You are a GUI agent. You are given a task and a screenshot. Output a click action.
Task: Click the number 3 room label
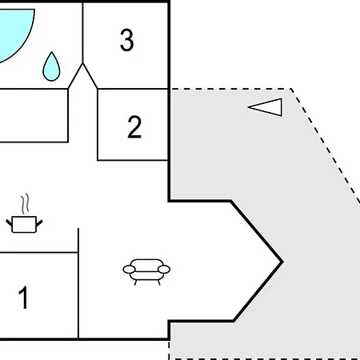pyautogui.click(x=127, y=40)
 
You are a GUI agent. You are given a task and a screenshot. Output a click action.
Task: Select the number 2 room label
pyautogui.click(x=134, y=126)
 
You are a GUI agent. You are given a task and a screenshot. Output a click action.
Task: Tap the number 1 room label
pyautogui.click(x=23, y=297)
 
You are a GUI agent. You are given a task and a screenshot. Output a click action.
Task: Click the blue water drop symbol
pyautogui.click(x=51, y=66)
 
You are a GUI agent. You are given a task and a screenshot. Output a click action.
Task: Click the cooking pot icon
pyautogui.click(x=24, y=224)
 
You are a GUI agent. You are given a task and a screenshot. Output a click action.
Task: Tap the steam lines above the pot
pyautogui.click(x=26, y=204)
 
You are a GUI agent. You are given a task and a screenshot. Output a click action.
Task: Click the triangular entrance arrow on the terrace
pyautogui.click(x=265, y=107)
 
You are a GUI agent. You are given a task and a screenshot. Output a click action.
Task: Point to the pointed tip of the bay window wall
pyautogui.click(x=282, y=262)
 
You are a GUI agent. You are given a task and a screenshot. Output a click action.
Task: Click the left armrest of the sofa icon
pyautogui.click(x=129, y=270)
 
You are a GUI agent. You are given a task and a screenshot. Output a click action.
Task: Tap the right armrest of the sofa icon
pyautogui.click(x=164, y=270)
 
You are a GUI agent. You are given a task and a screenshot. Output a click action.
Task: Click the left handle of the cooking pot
pyautogui.click(x=9, y=223)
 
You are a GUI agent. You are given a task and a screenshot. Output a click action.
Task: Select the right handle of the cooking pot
pyautogui.click(x=39, y=223)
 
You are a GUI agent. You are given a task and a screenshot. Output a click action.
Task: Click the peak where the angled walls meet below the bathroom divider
pyautogui.click(x=82, y=63)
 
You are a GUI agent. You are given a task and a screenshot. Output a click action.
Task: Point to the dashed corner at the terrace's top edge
pyautogui.click(x=291, y=89)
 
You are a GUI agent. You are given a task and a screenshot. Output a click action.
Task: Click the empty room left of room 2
pyautogui.click(x=34, y=115)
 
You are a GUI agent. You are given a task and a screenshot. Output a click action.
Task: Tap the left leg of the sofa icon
pyautogui.click(x=136, y=282)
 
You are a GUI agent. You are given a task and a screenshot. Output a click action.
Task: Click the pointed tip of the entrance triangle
pyautogui.click(x=248, y=107)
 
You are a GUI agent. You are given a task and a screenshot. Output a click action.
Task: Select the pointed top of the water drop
pyautogui.click(x=51, y=52)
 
